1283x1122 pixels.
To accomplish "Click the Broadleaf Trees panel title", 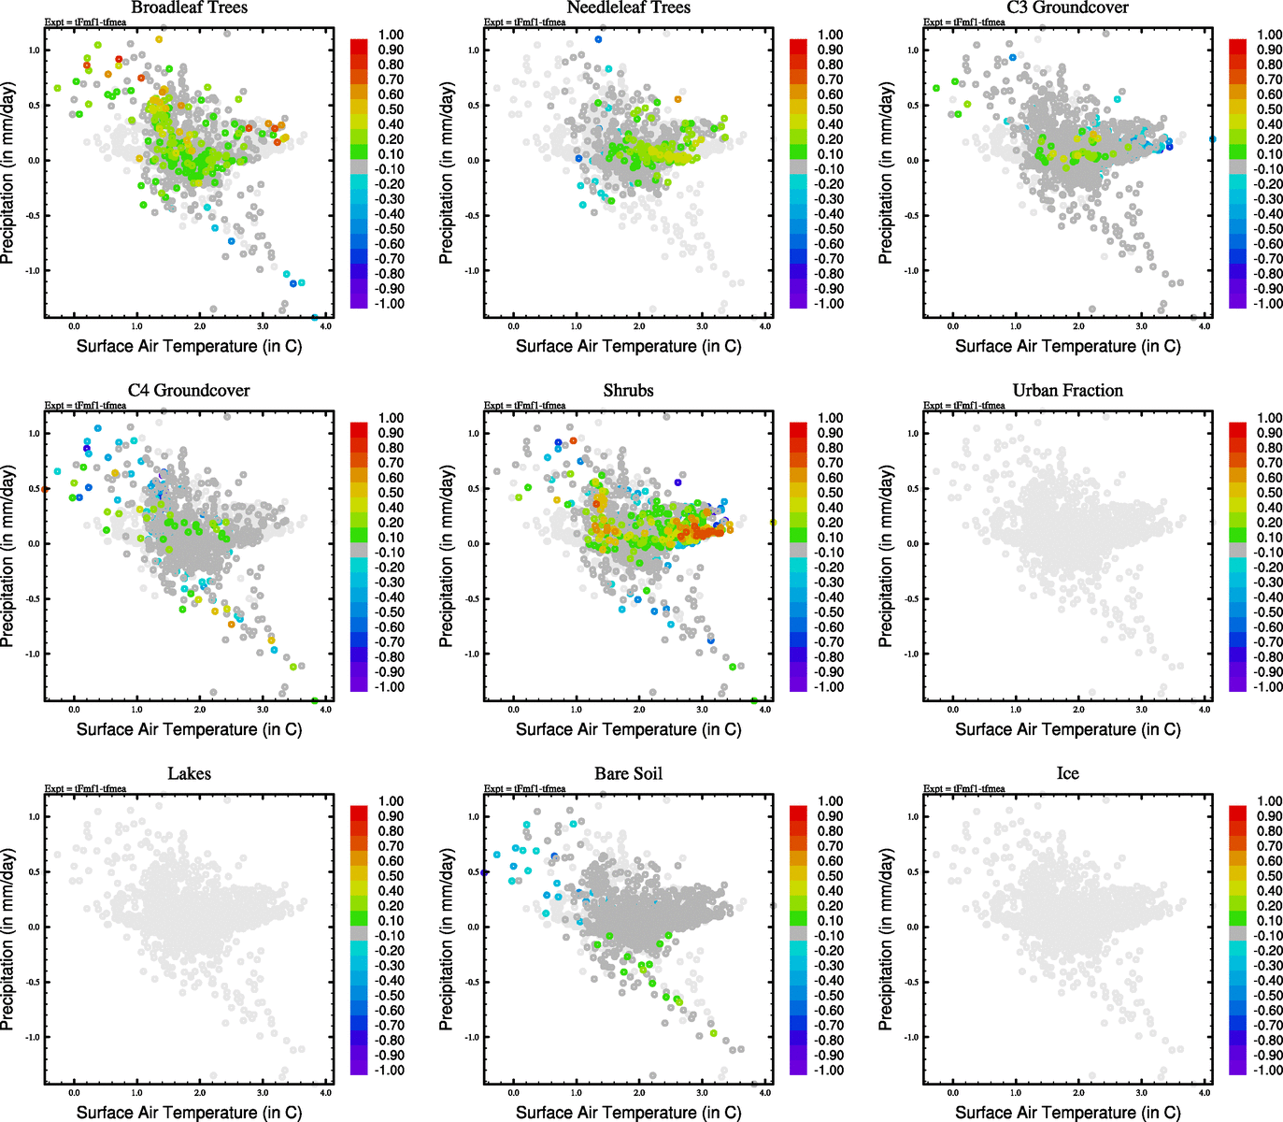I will tap(189, 7).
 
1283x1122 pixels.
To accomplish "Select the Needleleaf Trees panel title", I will tap(628, 7).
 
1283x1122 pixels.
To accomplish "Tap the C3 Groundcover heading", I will tap(1067, 7).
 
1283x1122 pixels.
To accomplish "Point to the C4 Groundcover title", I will tap(189, 390).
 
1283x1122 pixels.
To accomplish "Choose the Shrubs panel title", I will tap(628, 390).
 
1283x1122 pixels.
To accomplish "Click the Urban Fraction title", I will tap(1067, 390).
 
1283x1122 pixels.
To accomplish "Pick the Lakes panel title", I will tap(189, 773).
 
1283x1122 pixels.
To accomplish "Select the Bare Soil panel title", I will tap(628, 773).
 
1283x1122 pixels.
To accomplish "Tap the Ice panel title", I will tap(1067, 773).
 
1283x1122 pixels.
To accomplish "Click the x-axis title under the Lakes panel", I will tap(189, 1112).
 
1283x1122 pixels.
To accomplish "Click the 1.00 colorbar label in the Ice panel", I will tap(1269, 801).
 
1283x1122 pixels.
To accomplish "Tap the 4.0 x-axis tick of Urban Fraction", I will tap(1205, 710).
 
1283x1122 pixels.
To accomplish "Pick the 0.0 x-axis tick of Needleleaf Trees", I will tap(513, 326).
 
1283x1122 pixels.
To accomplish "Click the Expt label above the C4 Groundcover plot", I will tap(86, 405).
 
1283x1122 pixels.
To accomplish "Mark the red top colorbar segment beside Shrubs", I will tap(798, 429).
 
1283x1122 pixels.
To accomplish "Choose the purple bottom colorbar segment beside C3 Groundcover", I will tap(1237, 300).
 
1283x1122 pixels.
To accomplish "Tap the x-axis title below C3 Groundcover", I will tap(1067, 346).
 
